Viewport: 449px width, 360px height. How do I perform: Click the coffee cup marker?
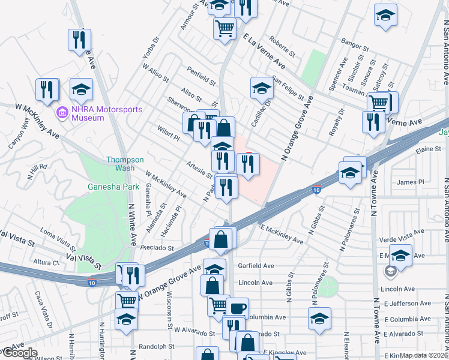pyautogui.click(x=238, y=308)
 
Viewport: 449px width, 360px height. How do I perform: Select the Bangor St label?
pyautogui.click(x=353, y=45)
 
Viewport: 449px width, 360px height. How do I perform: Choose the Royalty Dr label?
pyautogui.click(x=342, y=119)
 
